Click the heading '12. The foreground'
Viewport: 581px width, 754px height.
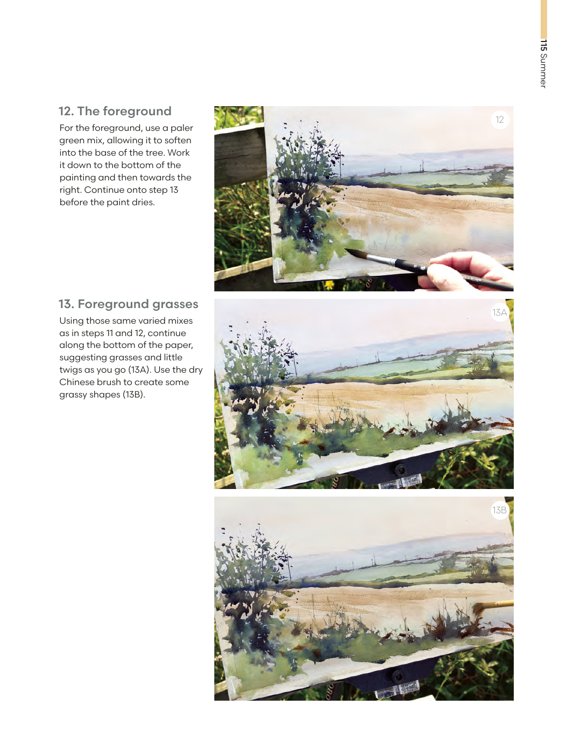coord(115,111)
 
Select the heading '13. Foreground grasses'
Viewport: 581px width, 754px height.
coord(129,304)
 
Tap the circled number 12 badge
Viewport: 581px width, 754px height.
coord(500,120)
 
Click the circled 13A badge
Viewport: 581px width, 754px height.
coord(500,312)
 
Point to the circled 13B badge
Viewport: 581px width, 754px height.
coord(500,510)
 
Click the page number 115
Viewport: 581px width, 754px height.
coord(543,45)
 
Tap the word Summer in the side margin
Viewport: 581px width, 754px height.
coord(543,71)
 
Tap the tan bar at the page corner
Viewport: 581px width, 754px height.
coord(543,19)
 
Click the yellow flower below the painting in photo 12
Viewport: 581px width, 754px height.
coord(329,285)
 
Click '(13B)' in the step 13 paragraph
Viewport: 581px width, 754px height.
coord(133,395)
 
